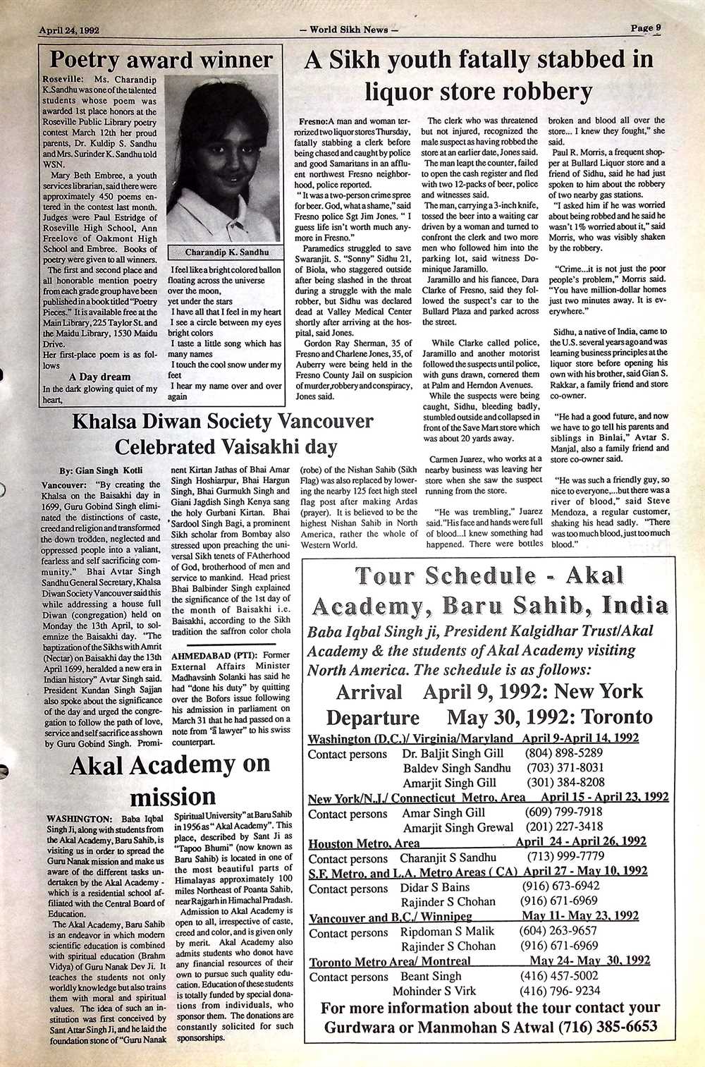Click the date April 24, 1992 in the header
68,30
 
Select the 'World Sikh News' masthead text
349,30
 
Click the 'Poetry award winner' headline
161,59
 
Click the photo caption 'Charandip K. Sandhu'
226,252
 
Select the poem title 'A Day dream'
100,377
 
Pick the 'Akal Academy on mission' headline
171,780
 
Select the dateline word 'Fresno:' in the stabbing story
313,121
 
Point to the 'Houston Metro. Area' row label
364,843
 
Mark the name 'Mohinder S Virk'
434,991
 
